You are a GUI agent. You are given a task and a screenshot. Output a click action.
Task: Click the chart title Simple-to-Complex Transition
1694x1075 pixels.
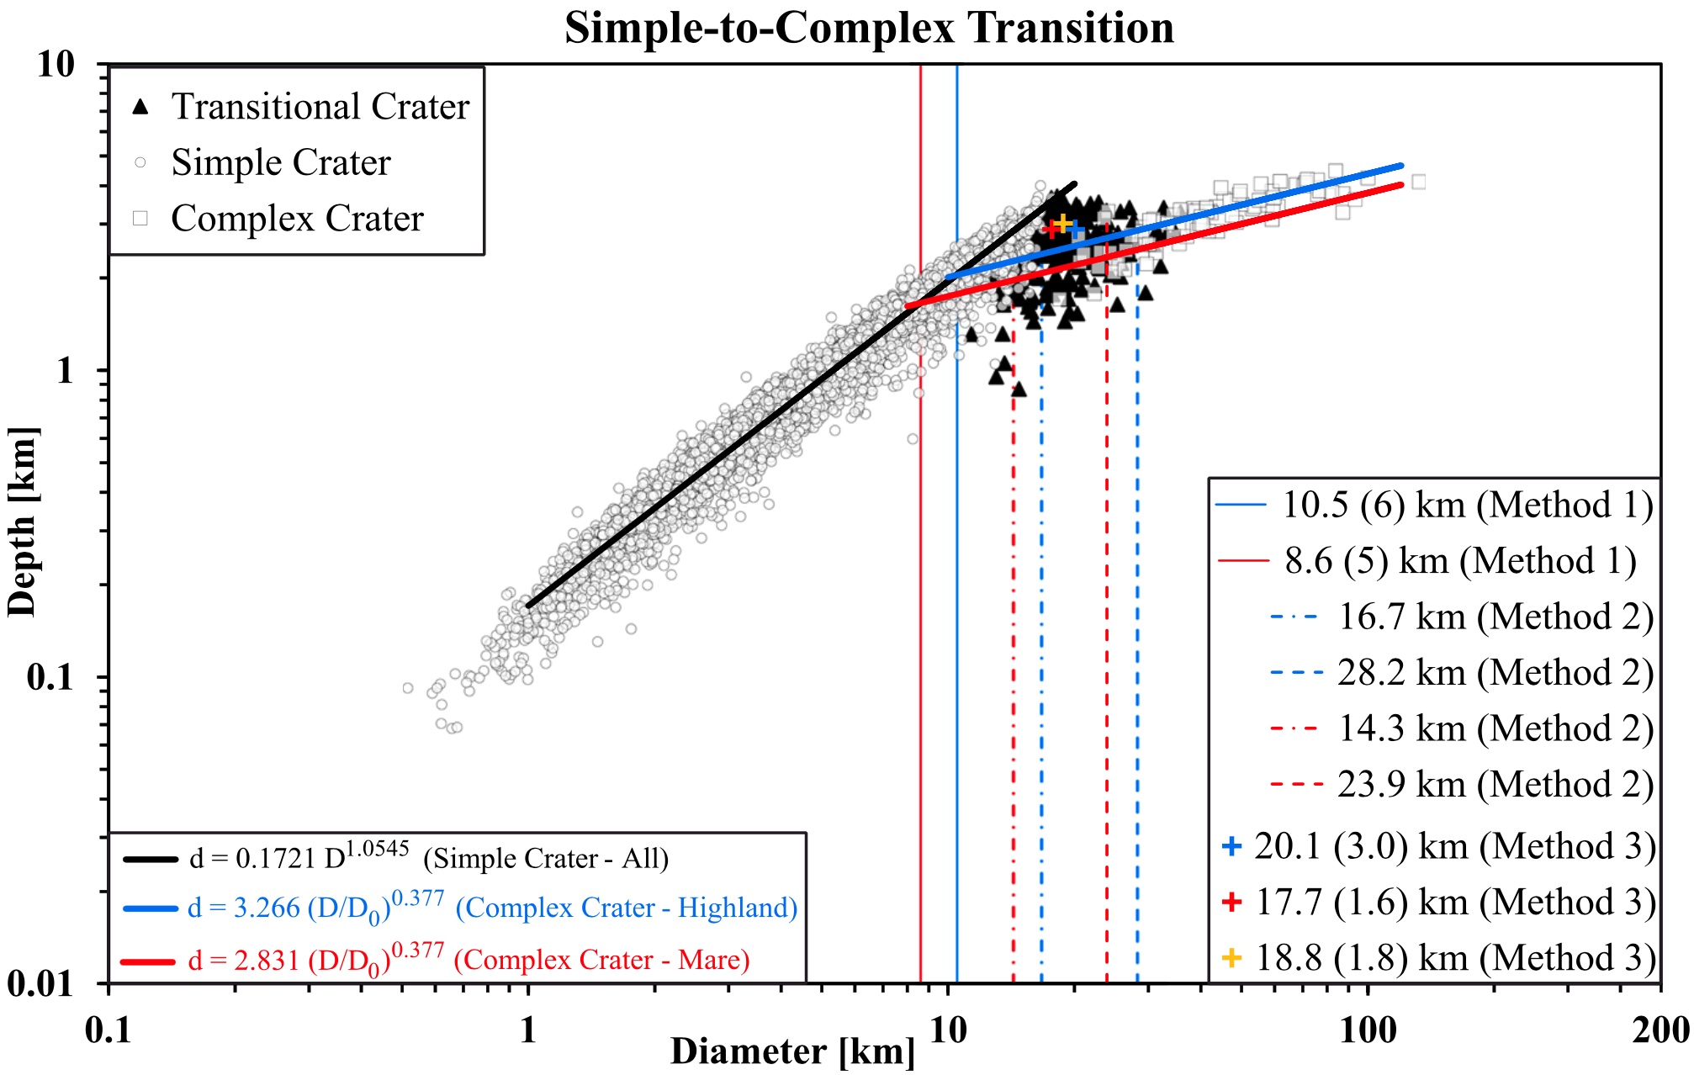(x=869, y=28)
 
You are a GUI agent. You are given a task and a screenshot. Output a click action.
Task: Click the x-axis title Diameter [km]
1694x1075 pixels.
(x=791, y=1051)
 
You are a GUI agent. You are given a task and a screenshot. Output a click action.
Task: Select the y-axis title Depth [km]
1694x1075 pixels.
(x=23, y=522)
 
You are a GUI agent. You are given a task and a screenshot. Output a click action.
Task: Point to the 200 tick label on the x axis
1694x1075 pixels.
(x=1660, y=1030)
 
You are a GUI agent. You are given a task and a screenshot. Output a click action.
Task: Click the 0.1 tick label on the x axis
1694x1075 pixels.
(x=109, y=1030)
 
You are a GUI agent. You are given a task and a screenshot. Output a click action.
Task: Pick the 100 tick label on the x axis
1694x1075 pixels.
(x=1368, y=1030)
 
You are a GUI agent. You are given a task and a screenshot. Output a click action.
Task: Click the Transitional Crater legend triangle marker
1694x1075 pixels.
(x=141, y=107)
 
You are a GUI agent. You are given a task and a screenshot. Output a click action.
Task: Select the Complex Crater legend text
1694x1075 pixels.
(x=297, y=219)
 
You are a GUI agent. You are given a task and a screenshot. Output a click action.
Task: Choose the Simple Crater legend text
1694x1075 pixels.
(x=281, y=162)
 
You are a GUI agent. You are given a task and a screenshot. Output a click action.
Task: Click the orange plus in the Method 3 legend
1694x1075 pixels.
(x=1231, y=957)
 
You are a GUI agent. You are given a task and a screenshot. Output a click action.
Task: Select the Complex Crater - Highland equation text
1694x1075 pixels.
(x=492, y=908)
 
